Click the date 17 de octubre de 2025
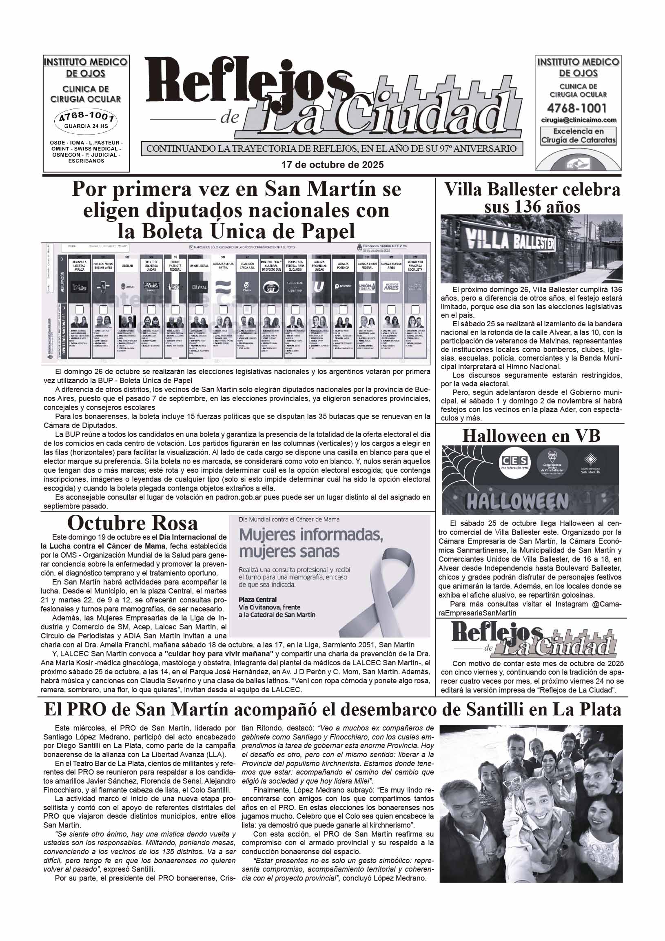coord(332,165)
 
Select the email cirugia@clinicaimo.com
coord(578,120)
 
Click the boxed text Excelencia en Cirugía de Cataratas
coord(578,136)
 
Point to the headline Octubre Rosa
coord(133,523)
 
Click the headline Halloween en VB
coord(531,436)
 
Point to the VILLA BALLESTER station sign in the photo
coord(511,242)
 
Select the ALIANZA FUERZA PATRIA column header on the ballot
coord(223,266)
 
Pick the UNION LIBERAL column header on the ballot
coord(199,266)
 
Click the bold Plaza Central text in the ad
coord(257,600)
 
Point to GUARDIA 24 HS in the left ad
coord(86,126)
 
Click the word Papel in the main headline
coord(326,232)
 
